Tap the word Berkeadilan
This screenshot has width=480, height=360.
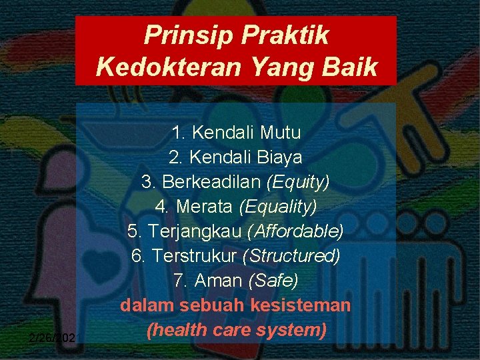[205, 182]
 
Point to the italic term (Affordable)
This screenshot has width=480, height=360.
[295, 231]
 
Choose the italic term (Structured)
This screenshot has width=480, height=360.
[292, 256]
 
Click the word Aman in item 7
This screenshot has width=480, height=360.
[219, 281]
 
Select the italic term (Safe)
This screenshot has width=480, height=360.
[273, 281]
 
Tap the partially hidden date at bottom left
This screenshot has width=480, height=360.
[52, 338]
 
